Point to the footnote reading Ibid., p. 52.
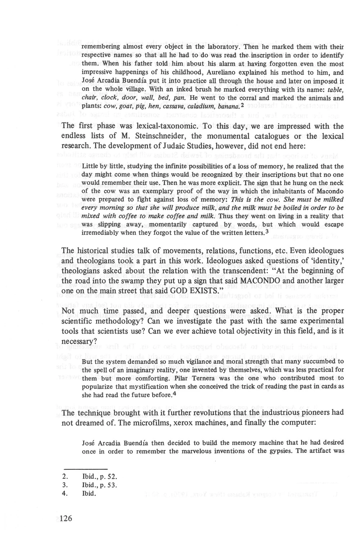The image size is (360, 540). click(x=98, y=477)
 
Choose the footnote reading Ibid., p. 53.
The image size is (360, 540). click(x=98, y=485)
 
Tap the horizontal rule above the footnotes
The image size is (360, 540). click(x=85, y=469)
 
